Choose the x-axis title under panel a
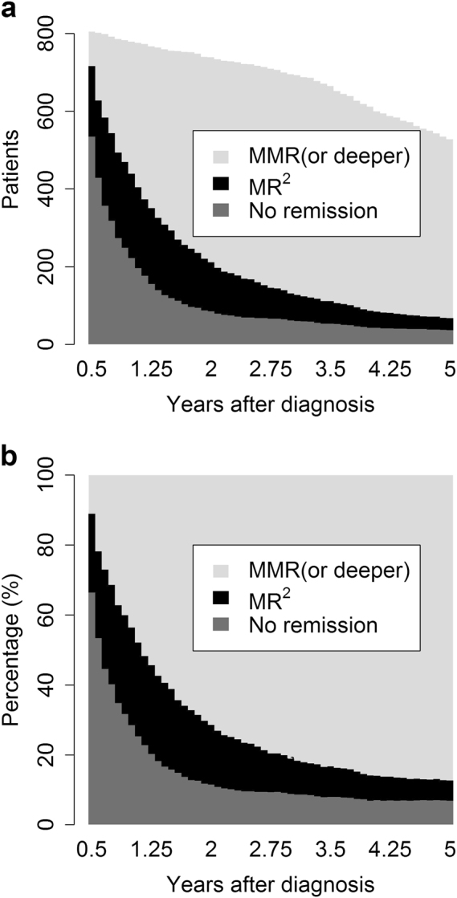271,404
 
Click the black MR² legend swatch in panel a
218,184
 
